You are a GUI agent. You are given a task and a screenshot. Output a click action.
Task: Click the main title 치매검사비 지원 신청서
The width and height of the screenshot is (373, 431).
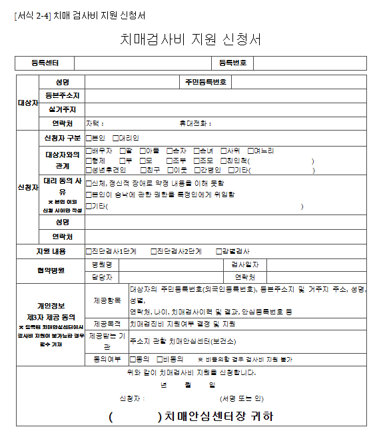pyautogui.click(x=190, y=39)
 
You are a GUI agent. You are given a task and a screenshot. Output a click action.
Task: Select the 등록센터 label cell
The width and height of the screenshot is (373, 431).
pyautogui.click(x=45, y=63)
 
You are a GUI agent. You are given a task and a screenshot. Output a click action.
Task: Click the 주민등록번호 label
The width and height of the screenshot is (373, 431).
pyautogui.click(x=206, y=83)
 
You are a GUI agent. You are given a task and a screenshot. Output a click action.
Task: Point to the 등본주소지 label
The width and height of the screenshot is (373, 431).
pyautogui.click(x=63, y=96)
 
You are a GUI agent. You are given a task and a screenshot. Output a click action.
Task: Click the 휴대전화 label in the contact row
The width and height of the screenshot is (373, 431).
pyautogui.click(x=194, y=123)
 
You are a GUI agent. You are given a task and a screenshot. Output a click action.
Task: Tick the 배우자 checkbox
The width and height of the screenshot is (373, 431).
pyautogui.click(x=89, y=151)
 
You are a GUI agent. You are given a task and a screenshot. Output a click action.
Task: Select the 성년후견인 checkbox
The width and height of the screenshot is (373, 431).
pyautogui.click(x=89, y=170)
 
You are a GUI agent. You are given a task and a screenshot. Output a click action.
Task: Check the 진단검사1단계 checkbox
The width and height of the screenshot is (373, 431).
pyautogui.click(x=89, y=252)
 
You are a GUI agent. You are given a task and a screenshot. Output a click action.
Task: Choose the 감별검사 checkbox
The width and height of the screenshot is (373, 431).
pyautogui.click(x=219, y=252)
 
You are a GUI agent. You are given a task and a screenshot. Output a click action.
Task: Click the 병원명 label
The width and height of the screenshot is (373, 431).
pyautogui.click(x=105, y=264)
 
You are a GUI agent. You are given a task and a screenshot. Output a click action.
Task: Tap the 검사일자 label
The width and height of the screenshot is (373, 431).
pyautogui.click(x=240, y=264)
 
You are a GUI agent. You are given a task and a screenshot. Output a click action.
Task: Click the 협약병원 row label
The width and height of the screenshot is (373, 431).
pyautogui.click(x=51, y=270)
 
